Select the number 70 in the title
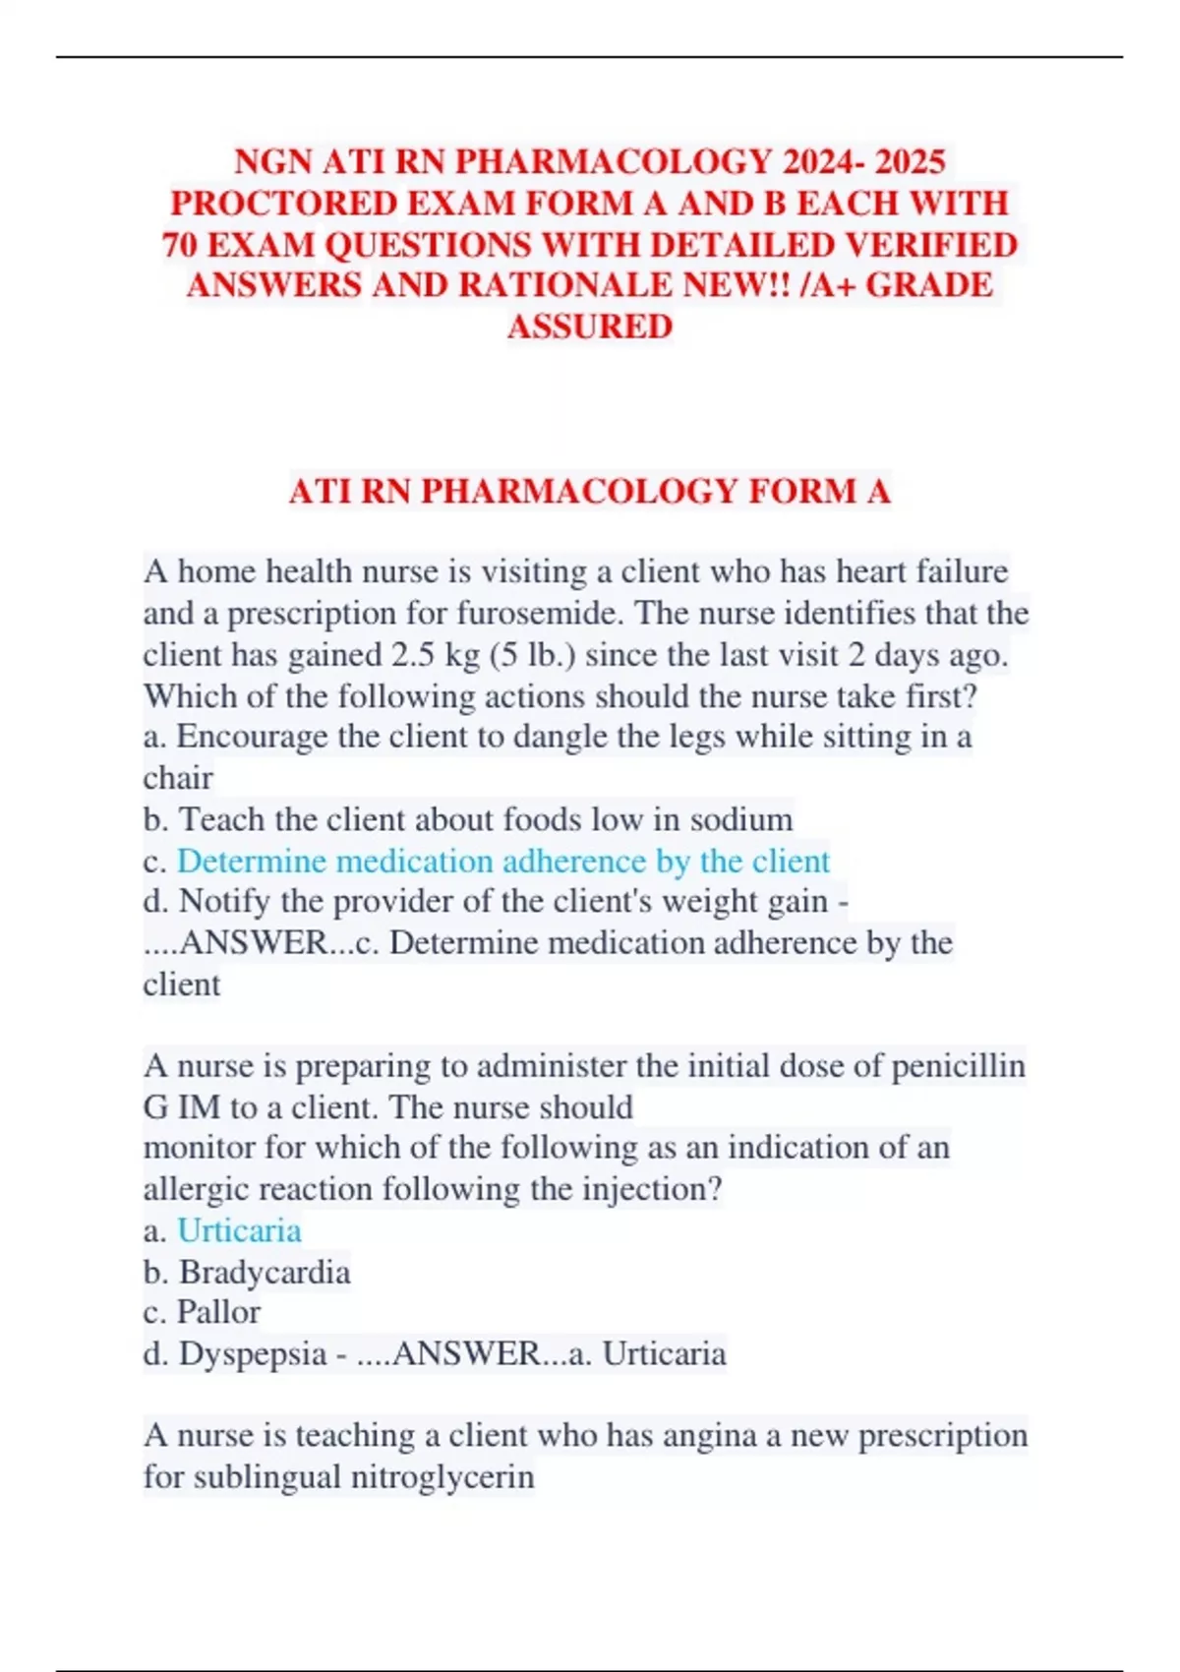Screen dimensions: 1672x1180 point(180,244)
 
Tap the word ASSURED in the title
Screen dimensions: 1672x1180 point(590,327)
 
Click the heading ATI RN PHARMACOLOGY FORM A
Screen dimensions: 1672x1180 point(590,491)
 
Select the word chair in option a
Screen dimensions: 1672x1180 point(178,778)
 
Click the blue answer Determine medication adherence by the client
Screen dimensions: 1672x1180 point(502,861)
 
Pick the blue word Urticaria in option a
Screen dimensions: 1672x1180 point(239,1230)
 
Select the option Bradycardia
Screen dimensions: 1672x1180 point(264,1273)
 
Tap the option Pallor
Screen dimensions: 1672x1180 point(218,1312)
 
